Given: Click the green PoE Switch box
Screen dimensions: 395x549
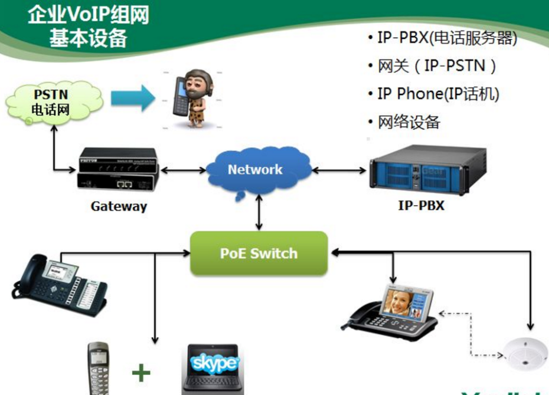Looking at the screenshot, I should coord(259,254).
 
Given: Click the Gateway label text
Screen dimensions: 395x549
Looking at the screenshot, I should coord(119,206).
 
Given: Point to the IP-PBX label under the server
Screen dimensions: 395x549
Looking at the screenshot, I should coord(421,206).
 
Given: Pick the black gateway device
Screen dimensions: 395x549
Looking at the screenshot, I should coord(117,170).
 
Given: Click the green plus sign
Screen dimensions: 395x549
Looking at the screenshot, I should coord(140,373).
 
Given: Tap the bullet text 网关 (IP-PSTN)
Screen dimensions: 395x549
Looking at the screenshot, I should coord(437,65).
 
